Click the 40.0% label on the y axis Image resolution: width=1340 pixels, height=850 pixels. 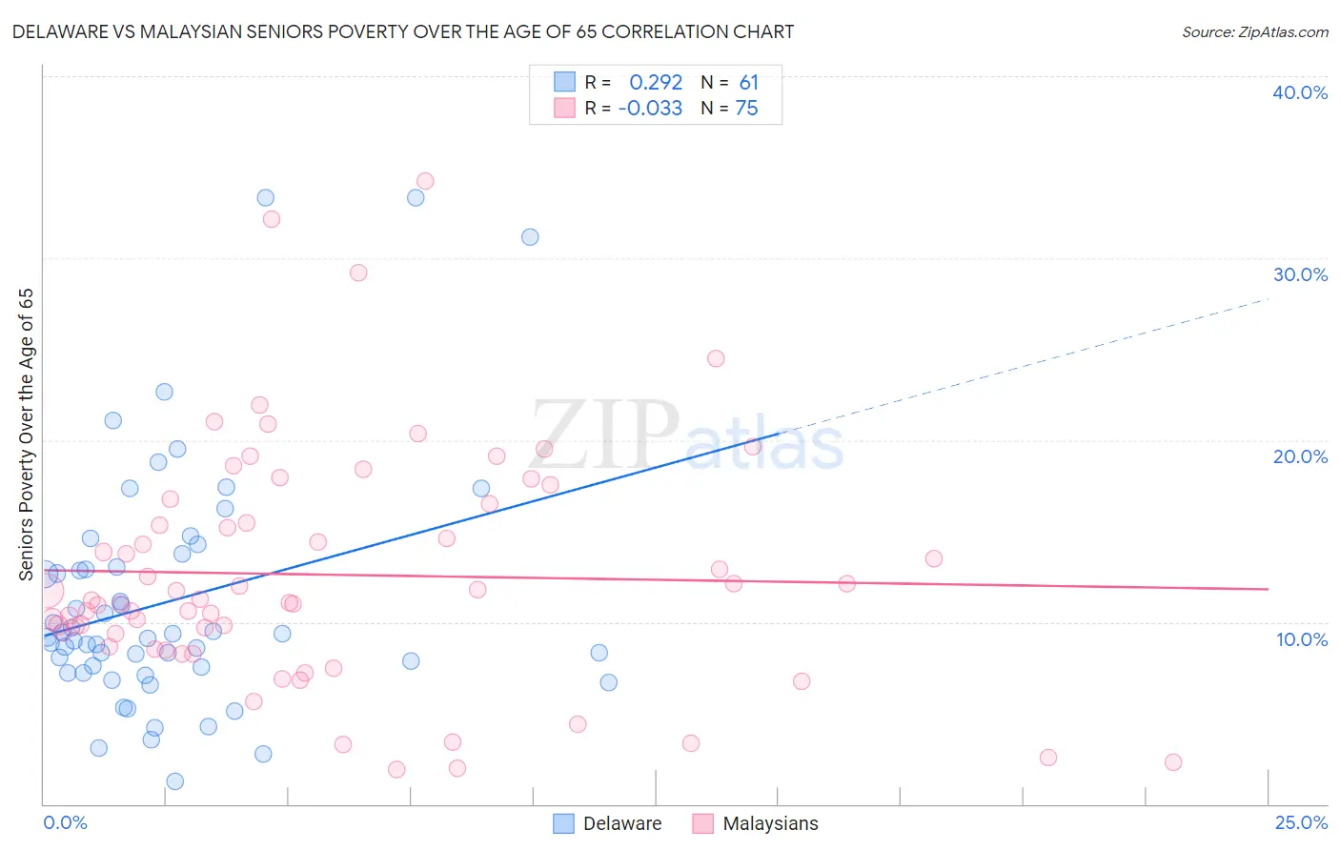1300,92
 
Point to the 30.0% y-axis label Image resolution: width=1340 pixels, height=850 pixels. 1300,274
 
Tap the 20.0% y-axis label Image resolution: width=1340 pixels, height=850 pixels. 1300,456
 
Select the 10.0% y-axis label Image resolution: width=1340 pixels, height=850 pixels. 1302,639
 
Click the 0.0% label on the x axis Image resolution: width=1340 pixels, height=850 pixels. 65,822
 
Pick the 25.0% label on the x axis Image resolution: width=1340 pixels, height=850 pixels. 1301,822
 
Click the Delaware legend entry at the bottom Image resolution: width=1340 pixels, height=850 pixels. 621,823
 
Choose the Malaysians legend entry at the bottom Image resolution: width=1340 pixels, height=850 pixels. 770,823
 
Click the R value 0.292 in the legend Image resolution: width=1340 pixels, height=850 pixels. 656,83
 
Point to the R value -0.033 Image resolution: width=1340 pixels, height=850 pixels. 650,109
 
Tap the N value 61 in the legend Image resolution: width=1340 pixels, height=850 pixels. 748,83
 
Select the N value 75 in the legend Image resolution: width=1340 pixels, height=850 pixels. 746,109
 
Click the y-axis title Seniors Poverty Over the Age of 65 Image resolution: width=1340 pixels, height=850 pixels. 27,435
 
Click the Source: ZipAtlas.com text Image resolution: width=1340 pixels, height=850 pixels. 1254,32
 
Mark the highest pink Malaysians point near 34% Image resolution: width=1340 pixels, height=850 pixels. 425,181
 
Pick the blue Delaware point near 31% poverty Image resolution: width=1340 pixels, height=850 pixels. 530,237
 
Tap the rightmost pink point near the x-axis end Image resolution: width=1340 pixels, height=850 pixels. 1173,762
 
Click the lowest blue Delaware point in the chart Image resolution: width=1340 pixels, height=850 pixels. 175,781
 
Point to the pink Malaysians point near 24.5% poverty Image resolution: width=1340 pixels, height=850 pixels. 716,358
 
